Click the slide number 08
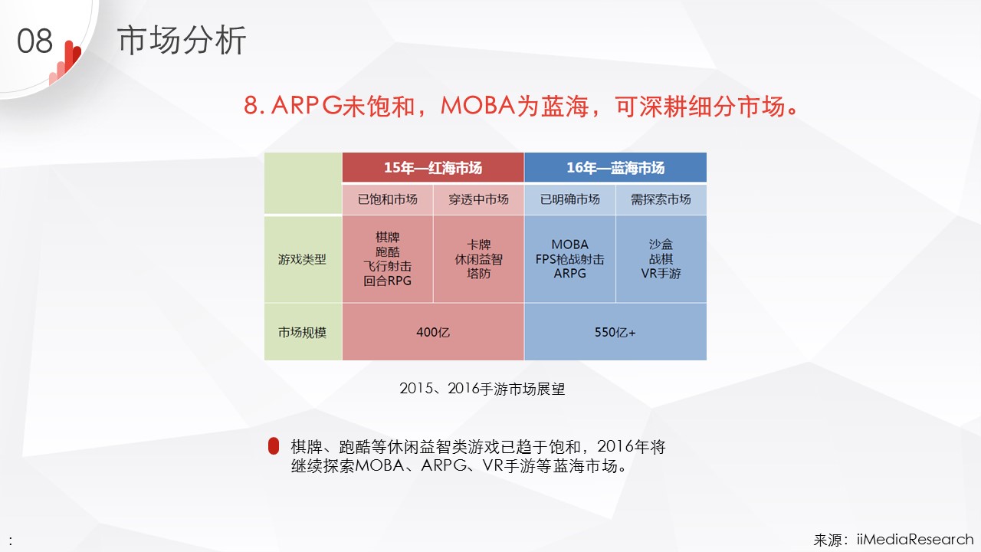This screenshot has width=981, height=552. coord(34,41)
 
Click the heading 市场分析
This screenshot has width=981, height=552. coord(182,41)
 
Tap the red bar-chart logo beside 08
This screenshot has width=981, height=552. coord(65,63)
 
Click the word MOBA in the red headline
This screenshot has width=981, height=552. coord(477,106)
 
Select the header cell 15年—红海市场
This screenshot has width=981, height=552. coord(433,167)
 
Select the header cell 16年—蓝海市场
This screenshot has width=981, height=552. coord(615,167)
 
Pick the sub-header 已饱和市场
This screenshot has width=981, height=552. coord(388,199)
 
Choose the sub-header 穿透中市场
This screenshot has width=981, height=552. coord(479,199)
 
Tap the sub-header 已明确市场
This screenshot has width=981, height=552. coord(569,199)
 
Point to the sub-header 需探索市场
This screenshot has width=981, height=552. coord(661,199)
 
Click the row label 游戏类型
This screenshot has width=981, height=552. coord(302,259)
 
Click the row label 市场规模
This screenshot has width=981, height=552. coord(302,333)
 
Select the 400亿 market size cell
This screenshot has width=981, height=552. coord(433,332)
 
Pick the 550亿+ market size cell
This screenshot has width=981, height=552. coord(615,332)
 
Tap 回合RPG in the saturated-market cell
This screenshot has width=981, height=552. coord(388,281)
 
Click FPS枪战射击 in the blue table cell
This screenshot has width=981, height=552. coord(569,259)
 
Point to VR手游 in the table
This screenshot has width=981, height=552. coord(661,274)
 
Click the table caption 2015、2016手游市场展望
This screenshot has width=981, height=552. coord(482,389)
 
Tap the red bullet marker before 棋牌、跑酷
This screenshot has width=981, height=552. coord(274,446)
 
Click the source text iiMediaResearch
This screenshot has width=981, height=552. coord(915,539)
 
